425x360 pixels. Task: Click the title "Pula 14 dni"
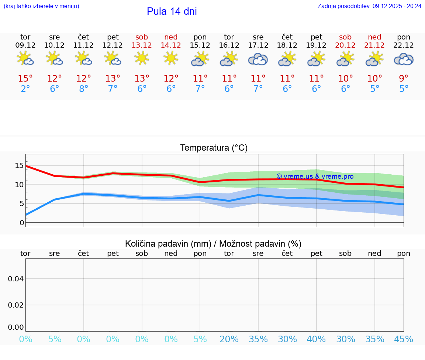pos(172,11)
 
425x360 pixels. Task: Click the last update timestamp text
pos(369,6)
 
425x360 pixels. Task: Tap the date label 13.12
pos(142,45)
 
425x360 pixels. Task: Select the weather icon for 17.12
pos(258,59)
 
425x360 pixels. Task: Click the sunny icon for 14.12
pos(171,58)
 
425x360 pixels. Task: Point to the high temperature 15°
pos(25,79)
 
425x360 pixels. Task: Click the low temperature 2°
pos(25,89)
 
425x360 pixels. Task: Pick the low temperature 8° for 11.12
pos(84,89)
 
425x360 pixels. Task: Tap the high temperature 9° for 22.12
pos(404,79)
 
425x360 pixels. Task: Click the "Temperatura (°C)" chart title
pos(214,148)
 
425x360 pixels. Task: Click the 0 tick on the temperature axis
pos(22,223)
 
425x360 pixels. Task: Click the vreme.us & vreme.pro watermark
pos(315,176)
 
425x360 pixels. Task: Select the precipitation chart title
pos(213,244)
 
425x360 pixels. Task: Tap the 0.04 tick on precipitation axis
pos(16,279)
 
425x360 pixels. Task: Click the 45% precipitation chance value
pos(404,339)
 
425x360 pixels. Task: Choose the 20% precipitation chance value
pos(229,339)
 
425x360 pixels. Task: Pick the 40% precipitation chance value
pos(316,339)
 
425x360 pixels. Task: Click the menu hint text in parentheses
pos(41,6)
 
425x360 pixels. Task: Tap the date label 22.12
pos(404,45)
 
